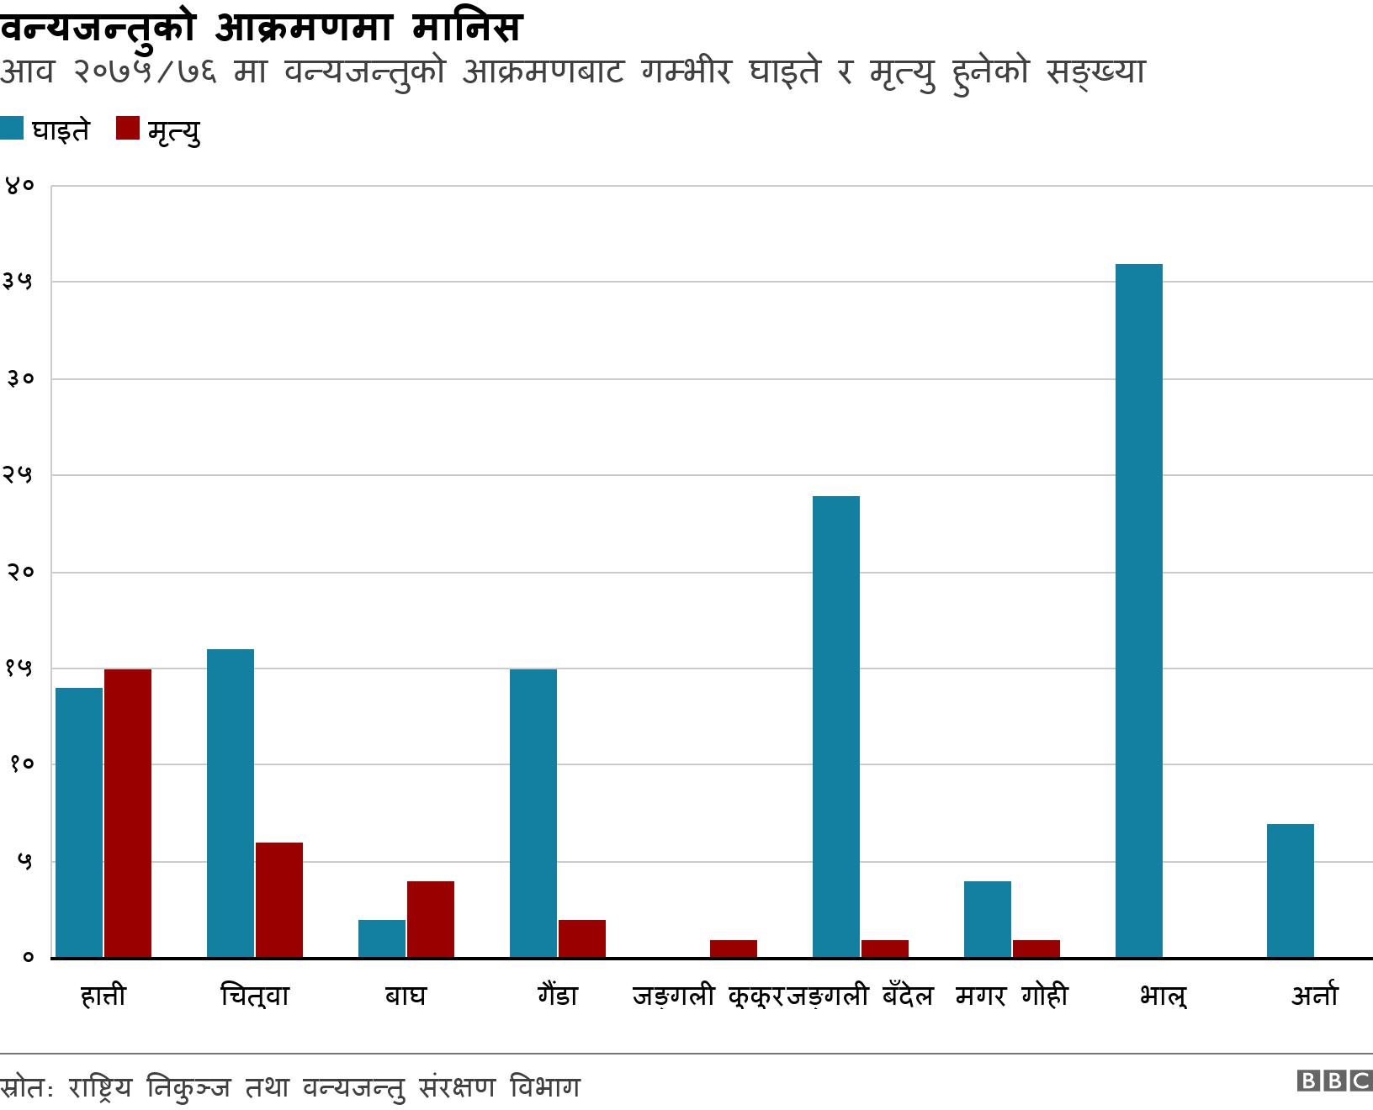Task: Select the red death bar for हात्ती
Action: pyautogui.click(x=128, y=813)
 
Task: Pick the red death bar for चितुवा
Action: pyautogui.click(x=279, y=900)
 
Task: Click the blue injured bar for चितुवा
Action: pyautogui.click(x=231, y=803)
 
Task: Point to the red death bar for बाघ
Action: pyautogui.click(x=431, y=919)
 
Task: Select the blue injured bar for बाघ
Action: pyautogui.click(x=382, y=938)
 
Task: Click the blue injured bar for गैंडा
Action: pyautogui.click(x=533, y=813)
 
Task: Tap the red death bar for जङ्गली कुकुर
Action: pyautogui.click(x=734, y=949)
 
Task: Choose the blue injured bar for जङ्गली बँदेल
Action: pyautogui.click(x=836, y=727)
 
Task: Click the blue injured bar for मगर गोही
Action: pyautogui.click(x=988, y=919)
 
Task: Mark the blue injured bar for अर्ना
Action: pyautogui.click(x=1291, y=891)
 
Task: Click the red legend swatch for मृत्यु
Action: pyautogui.click(x=128, y=129)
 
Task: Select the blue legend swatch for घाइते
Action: pyautogui.click(x=13, y=129)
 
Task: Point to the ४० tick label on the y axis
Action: pyautogui.click(x=19, y=186)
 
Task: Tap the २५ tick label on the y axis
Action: pyautogui.click(x=19, y=475)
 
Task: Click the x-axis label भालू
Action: pyautogui.click(x=1164, y=996)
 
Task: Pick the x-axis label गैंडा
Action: pyautogui.click(x=558, y=996)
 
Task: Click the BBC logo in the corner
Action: pyautogui.click(x=1334, y=1081)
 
